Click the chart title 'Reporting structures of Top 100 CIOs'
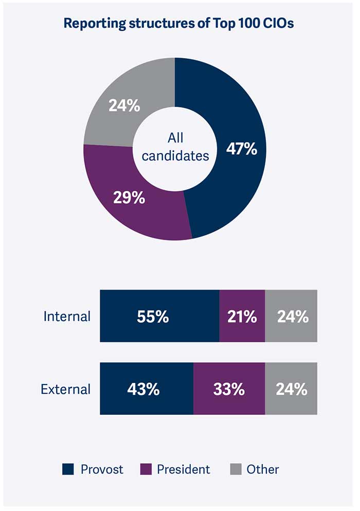point(178,24)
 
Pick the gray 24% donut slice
point(123,105)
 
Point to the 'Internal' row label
point(67,316)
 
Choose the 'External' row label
point(66,389)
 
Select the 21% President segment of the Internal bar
point(242,316)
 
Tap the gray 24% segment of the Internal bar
point(292,316)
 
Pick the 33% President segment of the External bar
point(229,389)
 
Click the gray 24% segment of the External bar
point(292,389)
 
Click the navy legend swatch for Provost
point(68,469)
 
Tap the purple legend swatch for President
point(145,469)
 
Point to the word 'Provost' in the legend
point(102,469)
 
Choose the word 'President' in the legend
point(183,469)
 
